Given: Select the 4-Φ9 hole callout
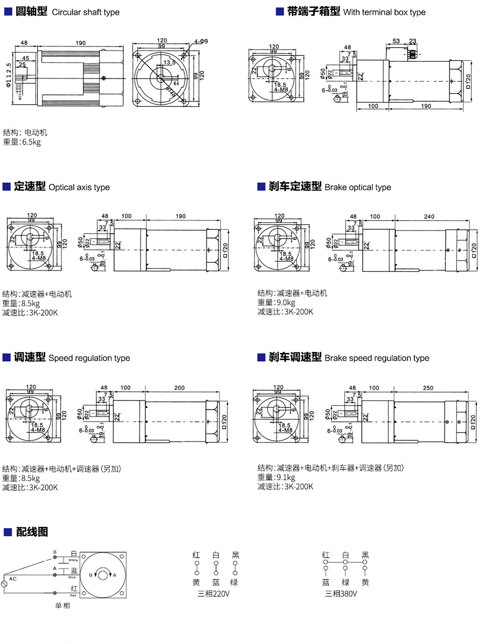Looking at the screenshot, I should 201,41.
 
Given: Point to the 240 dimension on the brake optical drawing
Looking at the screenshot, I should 429,217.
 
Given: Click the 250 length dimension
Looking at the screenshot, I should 428,388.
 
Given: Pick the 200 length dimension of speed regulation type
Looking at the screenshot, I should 179,388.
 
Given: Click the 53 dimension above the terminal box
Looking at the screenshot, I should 396,41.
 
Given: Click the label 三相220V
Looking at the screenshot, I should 213,594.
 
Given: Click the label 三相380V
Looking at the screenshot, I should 341,594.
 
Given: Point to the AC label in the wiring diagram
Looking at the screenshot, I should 13,579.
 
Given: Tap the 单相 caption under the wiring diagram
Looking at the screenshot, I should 63,605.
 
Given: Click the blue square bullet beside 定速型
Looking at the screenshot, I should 6,187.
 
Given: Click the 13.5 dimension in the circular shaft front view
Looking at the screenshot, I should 169,63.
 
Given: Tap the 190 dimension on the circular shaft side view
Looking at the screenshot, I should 80,43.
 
